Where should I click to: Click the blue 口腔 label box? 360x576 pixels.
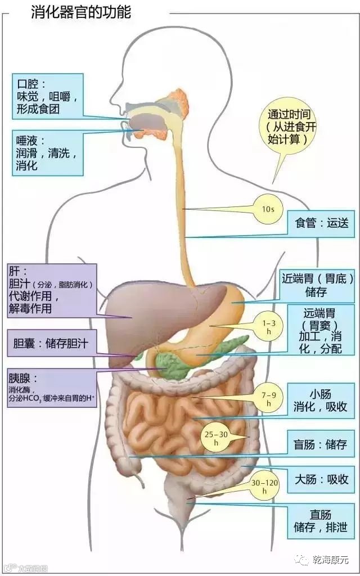(x=49, y=95)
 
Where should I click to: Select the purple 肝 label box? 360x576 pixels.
(x=52, y=290)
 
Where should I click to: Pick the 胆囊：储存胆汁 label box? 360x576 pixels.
(x=52, y=342)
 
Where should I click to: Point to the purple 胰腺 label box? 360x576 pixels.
(x=52, y=388)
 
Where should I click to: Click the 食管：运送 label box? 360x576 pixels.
(x=321, y=223)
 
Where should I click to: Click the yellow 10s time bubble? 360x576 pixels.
(x=268, y=209)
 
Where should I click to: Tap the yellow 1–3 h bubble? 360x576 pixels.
(x=269, y=327)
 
